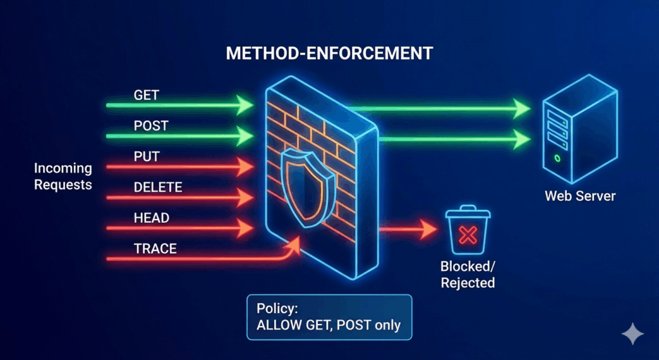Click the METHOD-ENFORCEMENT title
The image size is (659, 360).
[x=329, y=53]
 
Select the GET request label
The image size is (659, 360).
[x=146, y=95]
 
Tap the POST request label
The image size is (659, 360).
[x=151, y=126]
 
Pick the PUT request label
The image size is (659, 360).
[x=146, y=156]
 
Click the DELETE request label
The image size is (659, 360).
[x=158, y=188]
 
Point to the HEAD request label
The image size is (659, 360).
[x=151, y=218]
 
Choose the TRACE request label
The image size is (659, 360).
[x=155, y=248]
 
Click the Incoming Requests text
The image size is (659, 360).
[x=63, y=176]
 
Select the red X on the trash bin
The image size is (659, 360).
[x=468, y=236]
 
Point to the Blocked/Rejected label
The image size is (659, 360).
[x=468, y=274]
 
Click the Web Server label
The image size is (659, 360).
[x=580, y=196]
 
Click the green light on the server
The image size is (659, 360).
[x=557, y=157]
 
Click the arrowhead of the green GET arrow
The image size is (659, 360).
[x=245, y=104]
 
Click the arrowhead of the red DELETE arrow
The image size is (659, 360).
[x=245, y=198]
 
